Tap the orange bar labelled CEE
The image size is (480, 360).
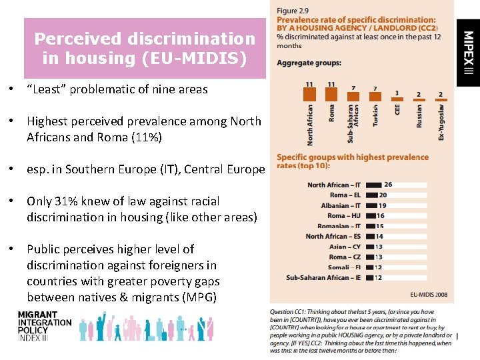(397, 99)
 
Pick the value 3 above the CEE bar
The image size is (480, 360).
(397, 93)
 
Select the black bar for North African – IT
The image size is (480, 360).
(373, 185)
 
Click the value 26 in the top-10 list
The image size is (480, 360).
(388, 185)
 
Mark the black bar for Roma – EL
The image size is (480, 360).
(371, 195)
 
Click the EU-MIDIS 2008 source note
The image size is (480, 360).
(429, 293)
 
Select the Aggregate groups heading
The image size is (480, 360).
(309, 63)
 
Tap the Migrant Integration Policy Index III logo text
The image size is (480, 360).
(44, 327)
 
